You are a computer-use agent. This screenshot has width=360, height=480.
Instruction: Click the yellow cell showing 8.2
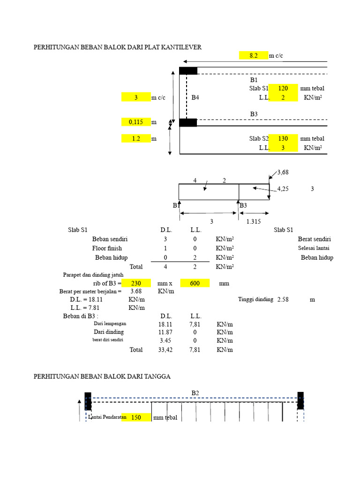[254, 55]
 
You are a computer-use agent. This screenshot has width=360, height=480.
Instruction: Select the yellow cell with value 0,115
[136, 122]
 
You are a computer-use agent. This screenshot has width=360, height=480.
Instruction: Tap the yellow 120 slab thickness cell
[283, 88]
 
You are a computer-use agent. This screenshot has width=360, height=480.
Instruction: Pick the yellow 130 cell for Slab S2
[283, 138]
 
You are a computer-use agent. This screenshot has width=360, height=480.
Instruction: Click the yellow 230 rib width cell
[136, 283]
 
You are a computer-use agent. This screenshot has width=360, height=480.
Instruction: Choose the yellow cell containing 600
[195, 283]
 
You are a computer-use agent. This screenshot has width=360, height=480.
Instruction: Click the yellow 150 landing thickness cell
[136, 417]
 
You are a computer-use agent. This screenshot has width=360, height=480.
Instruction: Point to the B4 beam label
[195, 97]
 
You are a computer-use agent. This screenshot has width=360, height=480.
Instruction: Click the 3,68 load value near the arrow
[283, 172]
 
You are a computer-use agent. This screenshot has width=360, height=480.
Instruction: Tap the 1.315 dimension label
[254, 221]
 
